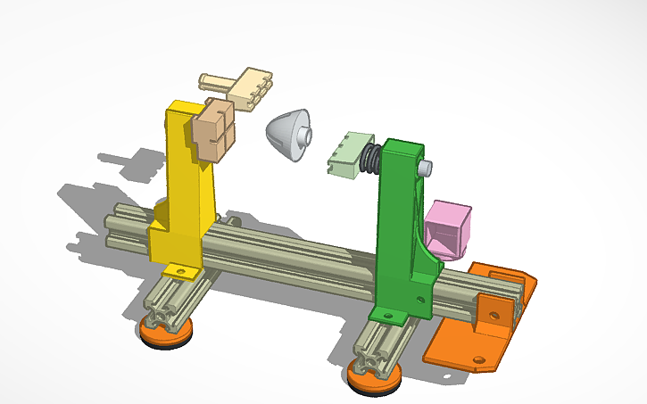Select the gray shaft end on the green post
pyautogui.click(x=427, y=167)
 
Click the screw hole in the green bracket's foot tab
pyautogui.click(x=386, y=315)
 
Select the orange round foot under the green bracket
pyautogui.click(x=373, y=382)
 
